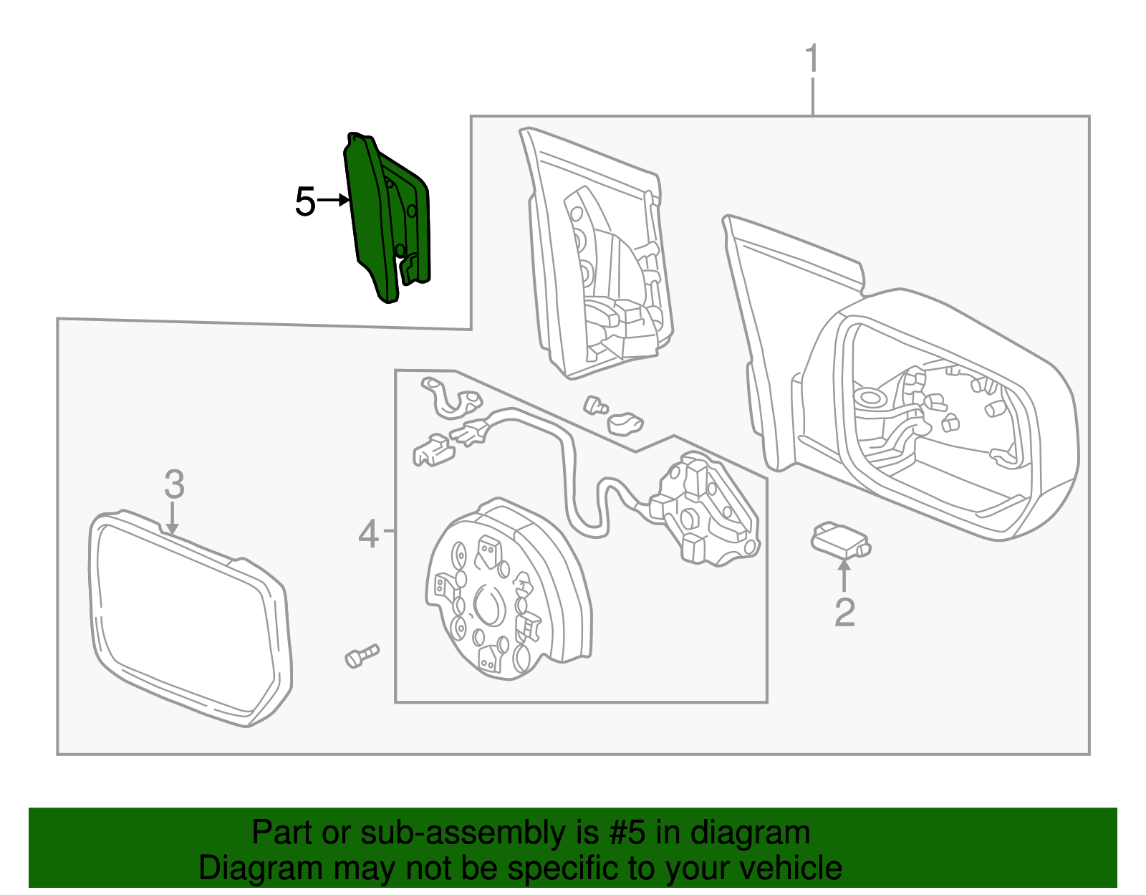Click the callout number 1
click(x=812, y=59)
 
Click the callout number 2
click(x=844, y=613)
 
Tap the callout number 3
click(x=174, y=484)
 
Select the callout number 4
click(x=368, y=534)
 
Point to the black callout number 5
click(x=305, y=202)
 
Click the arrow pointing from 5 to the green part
click(x=333, y=201)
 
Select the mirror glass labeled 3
click(x=186, y=616)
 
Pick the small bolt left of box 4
click(x=361, y=655)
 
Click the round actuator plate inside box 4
click(x=509, y=595)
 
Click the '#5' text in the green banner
click(x=627, y=833)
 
